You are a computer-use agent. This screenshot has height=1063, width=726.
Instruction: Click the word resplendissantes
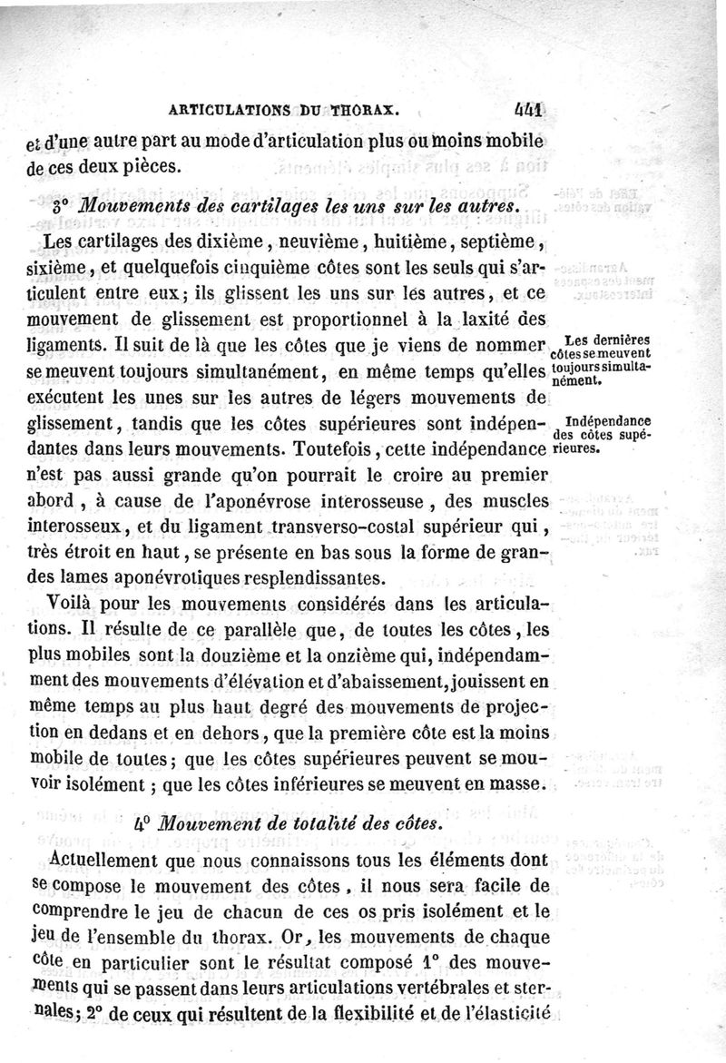tap(309, 578)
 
